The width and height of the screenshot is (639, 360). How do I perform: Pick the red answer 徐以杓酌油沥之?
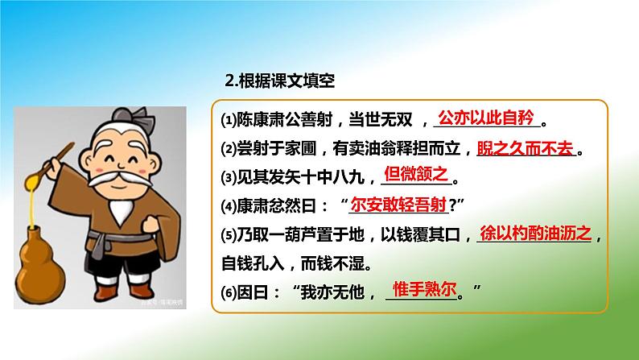pos(535,233)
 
